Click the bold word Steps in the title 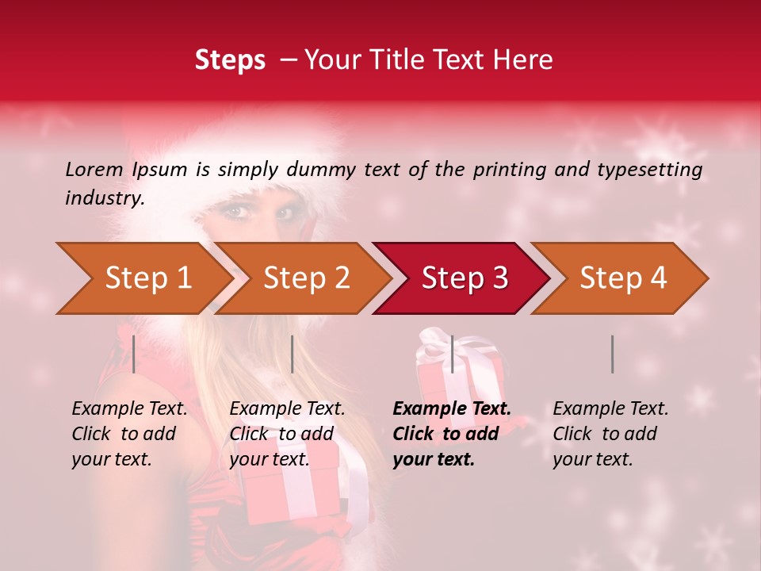coord(230,60)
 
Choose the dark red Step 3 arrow coord(465,278)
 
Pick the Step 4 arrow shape coord(623,278)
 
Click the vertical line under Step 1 coord(134,354)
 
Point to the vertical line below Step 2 coord(293,354)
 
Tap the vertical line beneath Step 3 coord(452,354)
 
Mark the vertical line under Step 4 coord(612,354)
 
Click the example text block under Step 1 coord(129,434)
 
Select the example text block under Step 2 coord(287,434)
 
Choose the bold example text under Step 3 coord(452,434)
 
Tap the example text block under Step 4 coord(610,434)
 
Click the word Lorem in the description coord(94,169)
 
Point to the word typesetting coord(654,169)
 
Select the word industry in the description coord(105,198)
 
